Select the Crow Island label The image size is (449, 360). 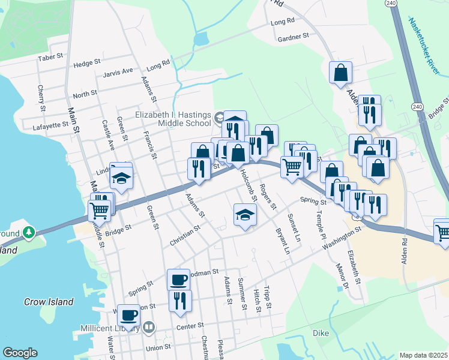[x=48, y=302]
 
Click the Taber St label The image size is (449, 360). [x=50, y=57]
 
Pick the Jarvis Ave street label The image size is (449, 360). [x=118, y=71]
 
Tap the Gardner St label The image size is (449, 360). [x=293, y=37]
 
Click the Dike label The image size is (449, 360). [x=322, y=332]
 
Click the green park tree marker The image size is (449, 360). [x=28, y=232]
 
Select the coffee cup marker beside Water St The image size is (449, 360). [x=129, y=314]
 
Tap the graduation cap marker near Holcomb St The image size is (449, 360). [x=245, y=215]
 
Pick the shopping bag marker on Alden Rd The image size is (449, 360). [x=340, y=73]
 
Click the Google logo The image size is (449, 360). [x=20, y=353]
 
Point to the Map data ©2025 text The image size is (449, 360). [x=423, y=355]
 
